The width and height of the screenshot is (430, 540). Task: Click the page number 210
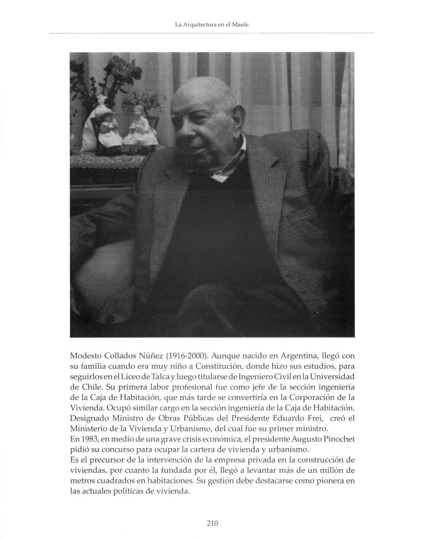(x=212, y=523)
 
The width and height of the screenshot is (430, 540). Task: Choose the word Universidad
(x=331, y=377)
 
